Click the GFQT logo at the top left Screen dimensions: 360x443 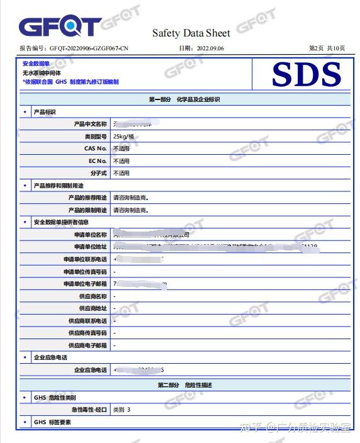click(59, 26)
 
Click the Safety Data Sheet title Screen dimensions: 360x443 click(191, 33)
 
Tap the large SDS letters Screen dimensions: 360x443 click(307, 75)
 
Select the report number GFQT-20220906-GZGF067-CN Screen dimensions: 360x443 click(88, 48)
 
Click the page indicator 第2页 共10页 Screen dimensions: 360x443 click(327, 48)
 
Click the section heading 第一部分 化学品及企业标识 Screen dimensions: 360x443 click(184, 99)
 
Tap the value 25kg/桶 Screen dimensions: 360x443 click(123, 137)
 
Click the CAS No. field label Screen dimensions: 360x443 click(95, 149)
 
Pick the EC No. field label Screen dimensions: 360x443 click(97, 161)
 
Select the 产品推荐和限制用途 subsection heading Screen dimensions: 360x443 click(58, 186)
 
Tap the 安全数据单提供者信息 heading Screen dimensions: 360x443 click(60, 222)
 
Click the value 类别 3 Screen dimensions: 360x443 click(122, 410)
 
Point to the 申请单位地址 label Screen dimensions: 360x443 click(90, 247)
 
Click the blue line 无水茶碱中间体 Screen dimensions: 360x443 click(42, 73)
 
